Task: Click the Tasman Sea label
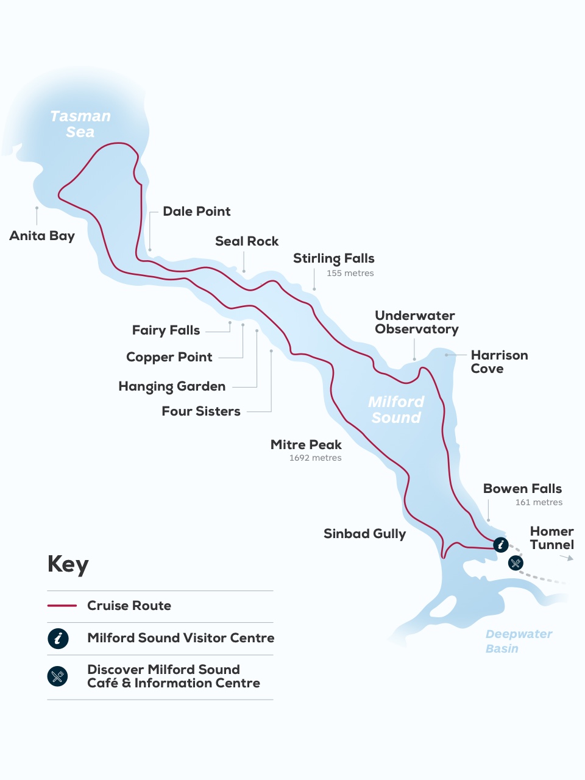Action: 80,124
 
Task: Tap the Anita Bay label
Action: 42,236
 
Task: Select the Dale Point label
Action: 196,211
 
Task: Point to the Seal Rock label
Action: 247,241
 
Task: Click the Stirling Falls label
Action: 333,258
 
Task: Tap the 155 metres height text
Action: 350,273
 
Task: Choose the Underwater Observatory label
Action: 416,322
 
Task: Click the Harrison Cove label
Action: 499,361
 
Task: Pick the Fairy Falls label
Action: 166,330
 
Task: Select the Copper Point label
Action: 169,357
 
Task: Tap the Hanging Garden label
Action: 172,386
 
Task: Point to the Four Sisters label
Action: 201,411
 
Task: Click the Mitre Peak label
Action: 306,445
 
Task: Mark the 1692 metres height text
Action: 315,458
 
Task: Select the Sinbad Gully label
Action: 364,534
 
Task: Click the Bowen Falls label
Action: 522,489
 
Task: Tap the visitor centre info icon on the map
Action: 500,544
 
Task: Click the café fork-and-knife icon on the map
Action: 516,563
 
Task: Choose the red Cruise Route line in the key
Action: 62,606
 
